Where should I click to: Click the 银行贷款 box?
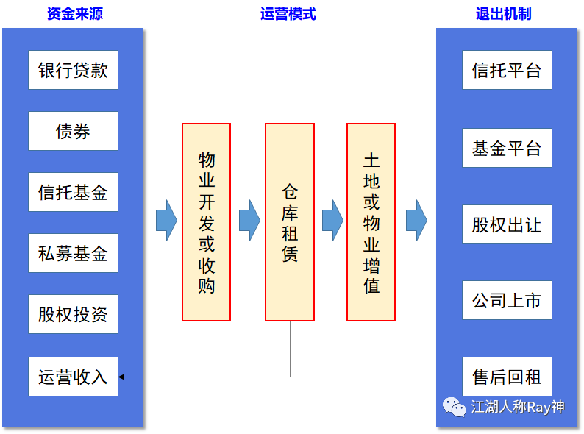(x=73, y=70)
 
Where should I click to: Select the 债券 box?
(x=73, y=131)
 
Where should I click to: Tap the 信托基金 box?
(x=73, y=193)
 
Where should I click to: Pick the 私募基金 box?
(x=73, y=254)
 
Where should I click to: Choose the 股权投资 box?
(x=73, y=315)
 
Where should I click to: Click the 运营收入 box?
(x=73, y=377)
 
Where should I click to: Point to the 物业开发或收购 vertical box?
(x=207, y=222)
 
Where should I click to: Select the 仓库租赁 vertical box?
(x=289, y=222)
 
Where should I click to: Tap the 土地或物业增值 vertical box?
(x=371, y=222)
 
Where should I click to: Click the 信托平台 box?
(x=507, y=70)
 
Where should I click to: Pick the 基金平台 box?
(x=507, y=148)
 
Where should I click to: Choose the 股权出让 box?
(x=507, y=224)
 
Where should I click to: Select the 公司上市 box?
(x=507, y=300)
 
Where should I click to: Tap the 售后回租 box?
(x=507, y=377)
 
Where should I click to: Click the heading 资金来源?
(x=73, y=14)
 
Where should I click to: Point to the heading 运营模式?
(x=288, y=14)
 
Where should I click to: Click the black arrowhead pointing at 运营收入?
(x=122, y=377)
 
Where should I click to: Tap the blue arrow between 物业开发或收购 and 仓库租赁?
(x=249, y=220)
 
